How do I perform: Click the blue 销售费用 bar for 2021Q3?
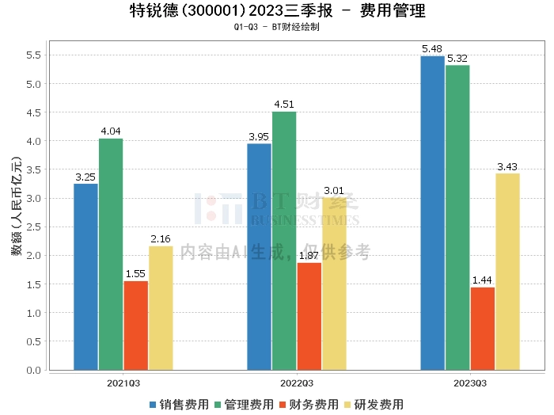[x=85, y=277]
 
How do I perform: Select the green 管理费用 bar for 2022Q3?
[x=284, y=241]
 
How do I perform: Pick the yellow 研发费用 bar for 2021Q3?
[x=161, y=308]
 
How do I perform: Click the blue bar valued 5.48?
[x=432, y=213]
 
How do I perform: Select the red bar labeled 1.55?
[x=135, y=326]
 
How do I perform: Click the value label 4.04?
[x=111, y=131]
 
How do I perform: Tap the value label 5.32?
[x=457, y=59]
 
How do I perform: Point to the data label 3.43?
[x=507, y=166]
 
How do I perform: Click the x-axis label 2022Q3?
[x=296, y=383]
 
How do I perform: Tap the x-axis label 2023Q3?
[x=469, y=383]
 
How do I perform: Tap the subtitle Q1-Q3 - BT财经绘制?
[x=276, y=27]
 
